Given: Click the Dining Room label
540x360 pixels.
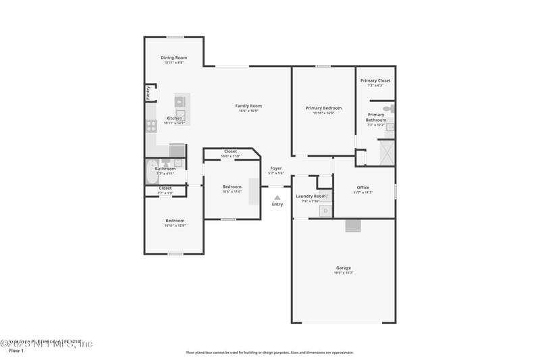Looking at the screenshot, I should point(173,58).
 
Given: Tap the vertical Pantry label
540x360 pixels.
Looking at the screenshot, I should point(148,93).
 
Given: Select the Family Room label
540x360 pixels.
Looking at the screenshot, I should point(248,106).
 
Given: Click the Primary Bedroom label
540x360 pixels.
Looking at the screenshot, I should point(323,108).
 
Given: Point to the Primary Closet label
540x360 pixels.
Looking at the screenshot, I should point(375,80).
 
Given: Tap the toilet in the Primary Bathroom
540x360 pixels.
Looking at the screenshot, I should point(389,108).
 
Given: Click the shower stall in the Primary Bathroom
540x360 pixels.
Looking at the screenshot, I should point(387,153).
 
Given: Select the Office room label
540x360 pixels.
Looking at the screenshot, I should point(363,188).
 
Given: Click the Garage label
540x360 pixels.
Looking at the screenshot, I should point(344,268).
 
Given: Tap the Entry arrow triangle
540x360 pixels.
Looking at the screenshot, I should point(277,197).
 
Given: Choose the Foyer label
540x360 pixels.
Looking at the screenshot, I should point(276,168).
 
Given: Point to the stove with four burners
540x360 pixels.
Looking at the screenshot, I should point(151,125).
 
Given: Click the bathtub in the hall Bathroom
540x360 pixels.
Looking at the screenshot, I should point(151,172).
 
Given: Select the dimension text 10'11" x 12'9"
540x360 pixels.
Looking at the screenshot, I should point(174,226).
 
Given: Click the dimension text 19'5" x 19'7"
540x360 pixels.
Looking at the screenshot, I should point(344,273).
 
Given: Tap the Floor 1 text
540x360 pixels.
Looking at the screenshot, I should point(16,351).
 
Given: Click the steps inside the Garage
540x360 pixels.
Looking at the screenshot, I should point(353,226).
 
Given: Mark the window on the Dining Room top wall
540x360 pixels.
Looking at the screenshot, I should point(175,36).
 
